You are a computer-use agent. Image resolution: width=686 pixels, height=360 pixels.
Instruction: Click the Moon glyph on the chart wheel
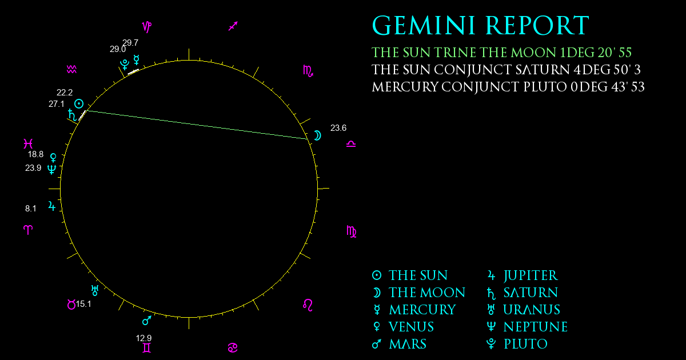(x=318, y=135)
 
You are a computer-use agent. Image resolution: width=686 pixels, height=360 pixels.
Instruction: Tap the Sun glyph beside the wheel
(x=79, y=104)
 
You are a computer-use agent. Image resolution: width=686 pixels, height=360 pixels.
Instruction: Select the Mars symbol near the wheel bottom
(x=147, y=320)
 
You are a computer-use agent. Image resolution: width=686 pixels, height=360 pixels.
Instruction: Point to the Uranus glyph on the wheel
(x=95, y=290)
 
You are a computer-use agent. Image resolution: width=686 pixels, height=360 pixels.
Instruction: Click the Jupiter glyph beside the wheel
(x=52, y=206)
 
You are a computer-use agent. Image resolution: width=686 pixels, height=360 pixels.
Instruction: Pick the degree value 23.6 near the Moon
(x=338, y=128)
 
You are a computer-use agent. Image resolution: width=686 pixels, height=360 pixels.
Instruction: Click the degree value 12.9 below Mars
(x=143, y=338)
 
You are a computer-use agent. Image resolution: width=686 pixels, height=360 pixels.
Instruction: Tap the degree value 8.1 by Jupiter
(x=31, y=209)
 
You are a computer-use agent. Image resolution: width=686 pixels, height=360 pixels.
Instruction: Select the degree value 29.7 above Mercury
(x=130, y=42)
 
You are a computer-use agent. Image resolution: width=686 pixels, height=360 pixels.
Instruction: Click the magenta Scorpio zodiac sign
(x=308, y=71)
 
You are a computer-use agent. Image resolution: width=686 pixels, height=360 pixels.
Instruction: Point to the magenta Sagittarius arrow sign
(x=233, y=26)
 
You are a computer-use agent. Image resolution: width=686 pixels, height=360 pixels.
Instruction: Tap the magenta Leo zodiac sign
(x=308, y=305)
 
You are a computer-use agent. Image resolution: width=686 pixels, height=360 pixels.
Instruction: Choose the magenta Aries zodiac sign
(x=28, y=230)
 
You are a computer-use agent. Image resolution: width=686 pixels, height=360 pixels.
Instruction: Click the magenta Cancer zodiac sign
(x=233, y=348)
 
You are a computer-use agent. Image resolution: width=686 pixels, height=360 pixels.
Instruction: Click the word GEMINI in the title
(x=424, y=26)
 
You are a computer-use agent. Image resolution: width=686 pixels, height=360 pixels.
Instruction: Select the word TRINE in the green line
(x=456, y=53)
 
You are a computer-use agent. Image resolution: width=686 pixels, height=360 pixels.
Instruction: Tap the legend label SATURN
(x=531, y=293)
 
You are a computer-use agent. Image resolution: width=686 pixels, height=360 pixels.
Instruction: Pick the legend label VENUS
(x=411, y=327)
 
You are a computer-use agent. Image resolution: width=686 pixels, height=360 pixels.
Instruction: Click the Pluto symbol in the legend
(x=491, y=344)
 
